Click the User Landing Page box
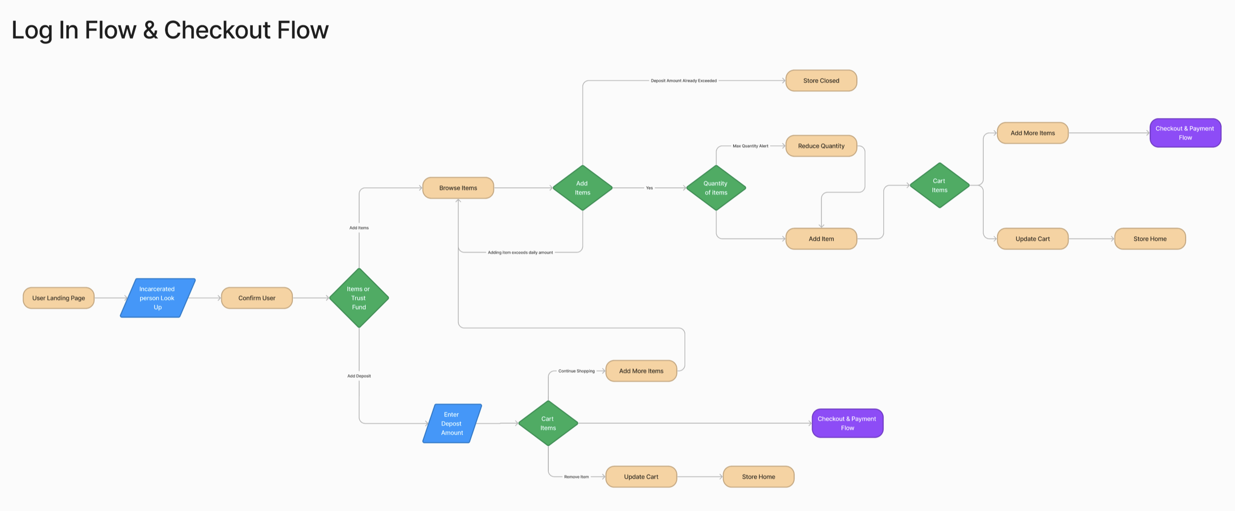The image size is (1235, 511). click(x=58, y=298)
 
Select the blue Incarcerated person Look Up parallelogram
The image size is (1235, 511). click(x=158, y=298)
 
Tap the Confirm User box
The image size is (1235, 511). click(x=257, y=298)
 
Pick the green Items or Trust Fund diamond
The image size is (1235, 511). click(x=359, y=298)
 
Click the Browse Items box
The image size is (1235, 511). click(x=458, y=188)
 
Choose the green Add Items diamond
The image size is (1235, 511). click(x=582, y=188)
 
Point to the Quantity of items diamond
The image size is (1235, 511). click(x=716, y=188)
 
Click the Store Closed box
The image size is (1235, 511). click(x=821, y=81)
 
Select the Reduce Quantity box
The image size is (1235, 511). click(x=821, y=146)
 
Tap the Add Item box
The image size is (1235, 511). click(x=821, y=239)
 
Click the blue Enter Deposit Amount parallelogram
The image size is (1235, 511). click(x=452, y=424)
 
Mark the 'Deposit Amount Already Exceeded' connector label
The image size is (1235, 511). click(x=684, y=81)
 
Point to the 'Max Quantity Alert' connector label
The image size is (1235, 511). click(x=750, y=146)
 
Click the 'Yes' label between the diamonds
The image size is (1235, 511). click(x=649, y=188)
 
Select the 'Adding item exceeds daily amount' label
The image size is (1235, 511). click(x=520, y=253)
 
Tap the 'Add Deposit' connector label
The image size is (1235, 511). click(x=359, y=376)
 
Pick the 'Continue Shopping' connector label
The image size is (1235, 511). click(x=576, y=371)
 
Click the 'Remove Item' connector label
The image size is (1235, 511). click(x=576, y=477)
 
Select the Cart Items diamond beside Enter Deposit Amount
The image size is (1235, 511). click(x=548, y=424)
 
